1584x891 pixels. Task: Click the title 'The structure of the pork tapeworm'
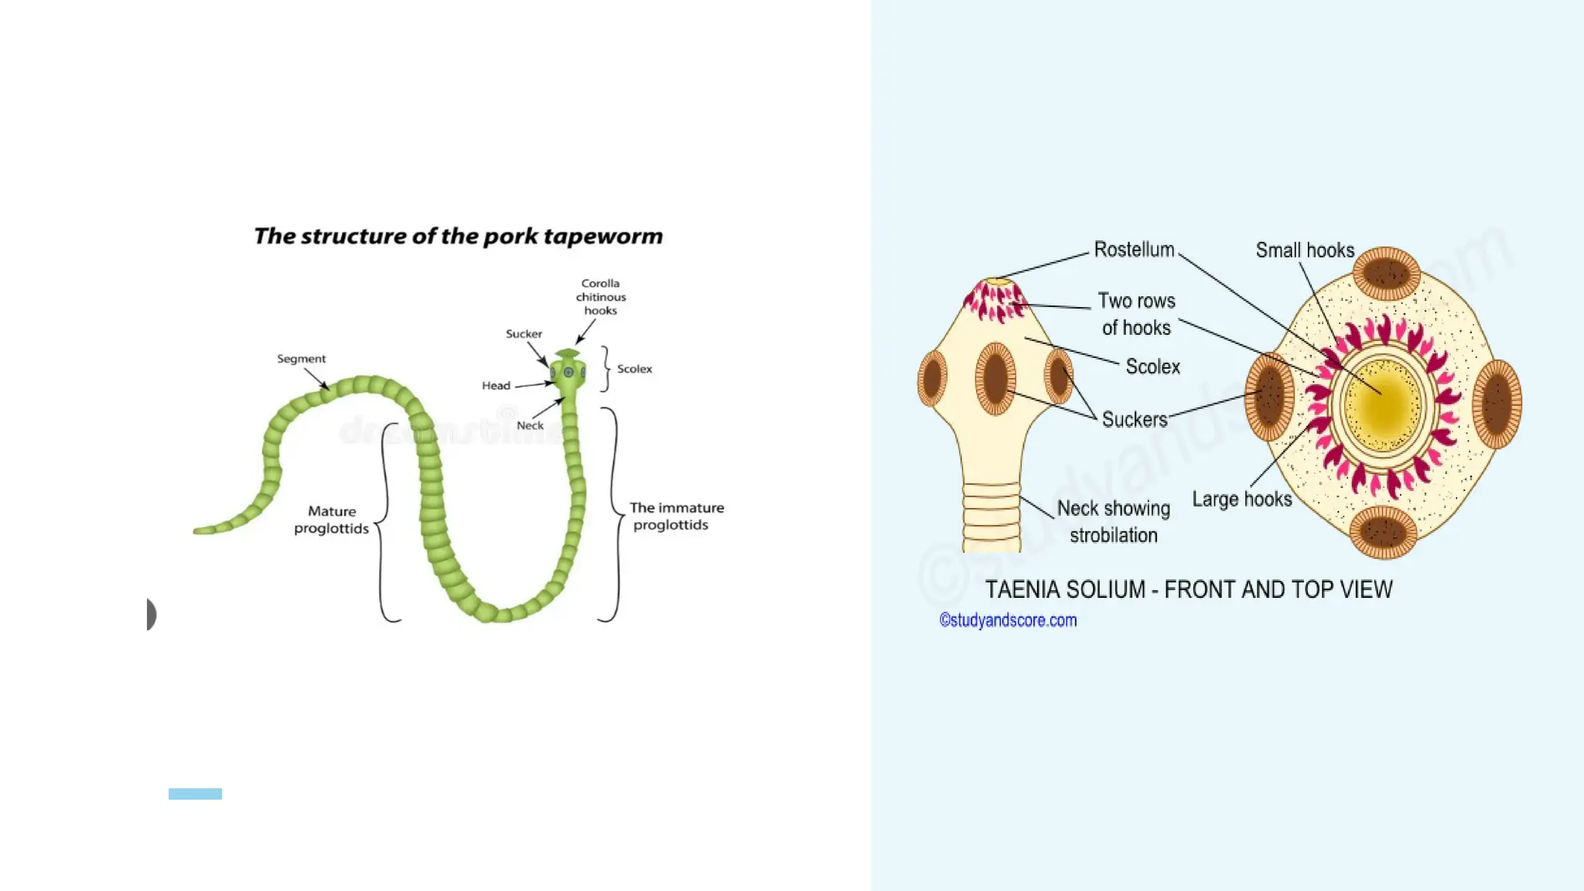coord(458,236)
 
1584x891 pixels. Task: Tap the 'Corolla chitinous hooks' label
coord(601,297)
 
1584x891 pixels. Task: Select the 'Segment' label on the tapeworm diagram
coord(301,359)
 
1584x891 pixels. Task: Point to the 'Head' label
coord(496,385)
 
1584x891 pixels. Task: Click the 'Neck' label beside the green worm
coord(530,425)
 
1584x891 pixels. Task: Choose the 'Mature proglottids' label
coord(332,520)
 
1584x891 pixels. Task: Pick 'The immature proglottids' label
coord(676,516)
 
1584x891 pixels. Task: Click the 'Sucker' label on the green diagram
coord(524,334)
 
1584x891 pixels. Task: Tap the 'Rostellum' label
coord(1134,250)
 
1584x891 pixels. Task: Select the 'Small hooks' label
coord(1305,251)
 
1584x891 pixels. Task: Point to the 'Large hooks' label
coord(1241,500)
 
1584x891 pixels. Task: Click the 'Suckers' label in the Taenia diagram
coord(1134,420)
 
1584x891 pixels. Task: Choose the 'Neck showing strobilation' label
coord(1113,522)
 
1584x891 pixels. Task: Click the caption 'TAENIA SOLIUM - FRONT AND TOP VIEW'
coord(1188,590)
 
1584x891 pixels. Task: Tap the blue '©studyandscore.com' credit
coord(1008,620)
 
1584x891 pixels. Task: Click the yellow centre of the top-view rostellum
coord(1383,404)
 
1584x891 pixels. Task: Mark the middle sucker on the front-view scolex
coord(995,378)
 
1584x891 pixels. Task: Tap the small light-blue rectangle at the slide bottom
coord(195,794)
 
